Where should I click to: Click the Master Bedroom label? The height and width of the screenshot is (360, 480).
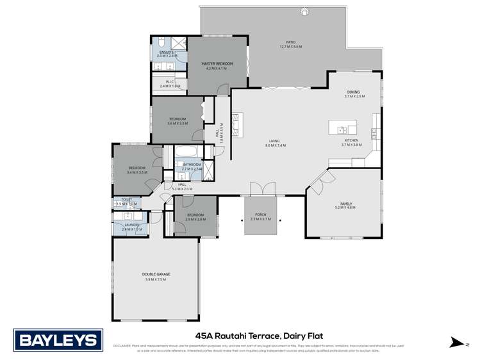[x=217, y=64]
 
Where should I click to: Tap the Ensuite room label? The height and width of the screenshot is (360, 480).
[x=167, y=52]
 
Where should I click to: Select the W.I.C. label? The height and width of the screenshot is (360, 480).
[x=170, y=81]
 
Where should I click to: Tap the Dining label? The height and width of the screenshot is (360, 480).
[x=354, y=92]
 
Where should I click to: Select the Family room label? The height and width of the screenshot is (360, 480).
[x=346, y=204]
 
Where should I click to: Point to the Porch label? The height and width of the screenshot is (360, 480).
[x=260, y=215]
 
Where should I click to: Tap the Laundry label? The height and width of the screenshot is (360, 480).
[x=132, y=225]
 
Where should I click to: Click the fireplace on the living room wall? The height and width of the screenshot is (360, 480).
[x=235, y=125]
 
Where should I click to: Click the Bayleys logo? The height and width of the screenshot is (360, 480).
[x=58, y=340]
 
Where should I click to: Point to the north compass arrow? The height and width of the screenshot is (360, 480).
[x=456, y=343]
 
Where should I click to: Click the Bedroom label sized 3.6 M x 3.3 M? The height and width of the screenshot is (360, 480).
[x=178, y=119]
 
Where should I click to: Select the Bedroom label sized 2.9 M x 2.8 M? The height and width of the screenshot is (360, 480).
[x=195, y=215]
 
